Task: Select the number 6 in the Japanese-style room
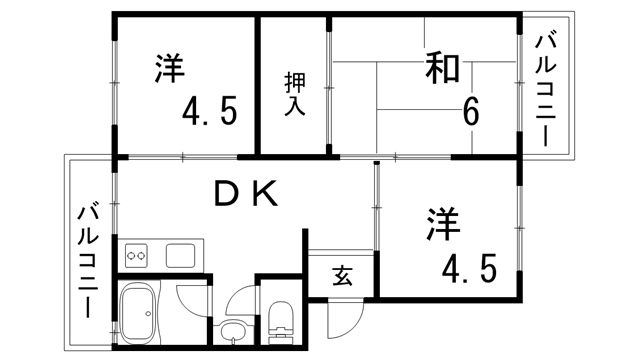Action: [468, 110]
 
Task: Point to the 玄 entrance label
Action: [341, 276]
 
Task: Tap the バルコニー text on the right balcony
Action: [547, 90]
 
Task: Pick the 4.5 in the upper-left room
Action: [209, 110]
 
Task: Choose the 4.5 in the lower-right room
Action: [470, 268]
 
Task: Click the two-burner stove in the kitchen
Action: [138, 256]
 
